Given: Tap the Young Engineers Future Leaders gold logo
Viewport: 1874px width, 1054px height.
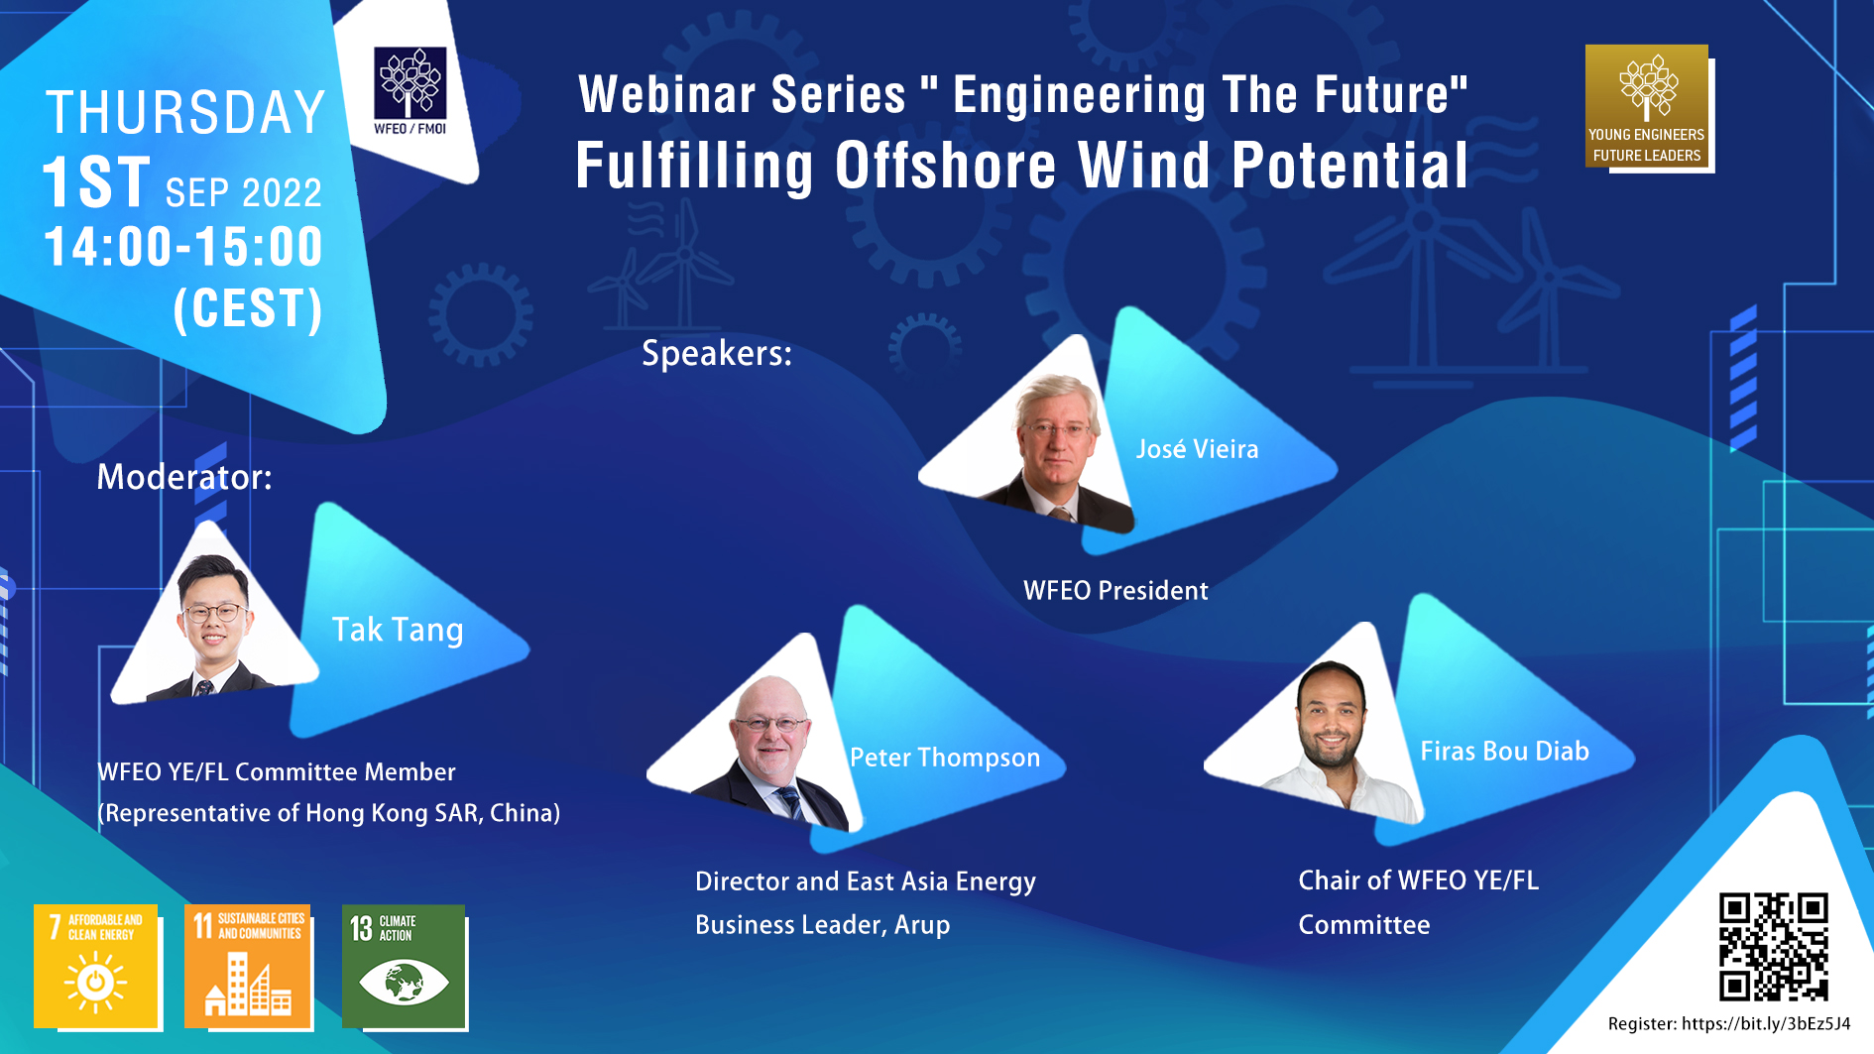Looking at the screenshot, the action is coord(1647,106).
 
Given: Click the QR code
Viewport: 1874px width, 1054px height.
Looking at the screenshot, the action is coord(1773,947).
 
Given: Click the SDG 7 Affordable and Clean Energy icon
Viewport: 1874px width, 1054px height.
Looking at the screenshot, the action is coord(96,966).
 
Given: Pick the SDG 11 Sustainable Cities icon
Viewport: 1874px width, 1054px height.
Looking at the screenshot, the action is coord(247,966).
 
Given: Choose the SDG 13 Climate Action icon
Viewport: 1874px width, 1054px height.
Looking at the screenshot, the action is coord(404,966).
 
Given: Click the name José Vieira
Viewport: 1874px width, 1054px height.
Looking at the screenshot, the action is coord(1197,449).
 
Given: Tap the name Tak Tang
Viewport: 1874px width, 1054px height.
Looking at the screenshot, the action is coord(398,630).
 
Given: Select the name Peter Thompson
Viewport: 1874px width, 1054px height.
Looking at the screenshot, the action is coord(945,758).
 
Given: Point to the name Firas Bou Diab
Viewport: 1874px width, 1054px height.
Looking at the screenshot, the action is coord(1504,751).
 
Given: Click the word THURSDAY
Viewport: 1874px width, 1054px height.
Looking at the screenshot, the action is coord(186,112).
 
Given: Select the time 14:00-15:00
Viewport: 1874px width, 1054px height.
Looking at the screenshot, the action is coord(183,247).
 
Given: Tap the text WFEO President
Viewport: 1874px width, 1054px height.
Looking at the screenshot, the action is coord(1115,591).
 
